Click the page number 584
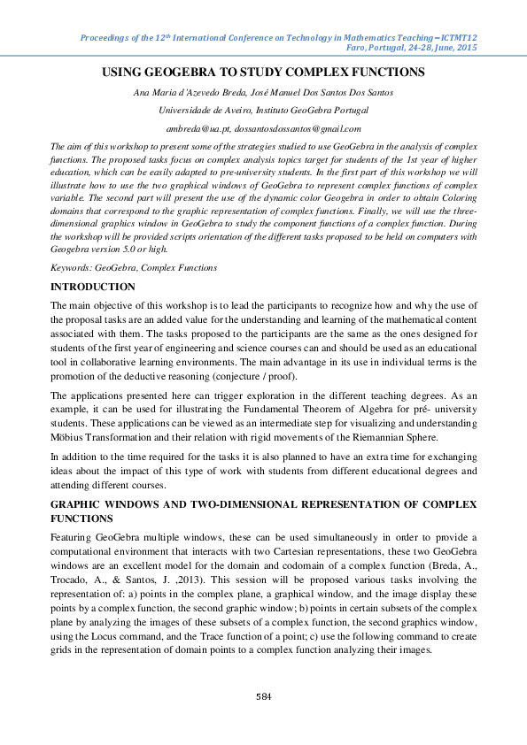[x=263, y=697]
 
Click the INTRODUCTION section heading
[x=93, y=288]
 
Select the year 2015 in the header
[x=463, y=50]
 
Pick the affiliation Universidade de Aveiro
[x=203, y=111]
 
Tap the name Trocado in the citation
[x=72, y=579]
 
